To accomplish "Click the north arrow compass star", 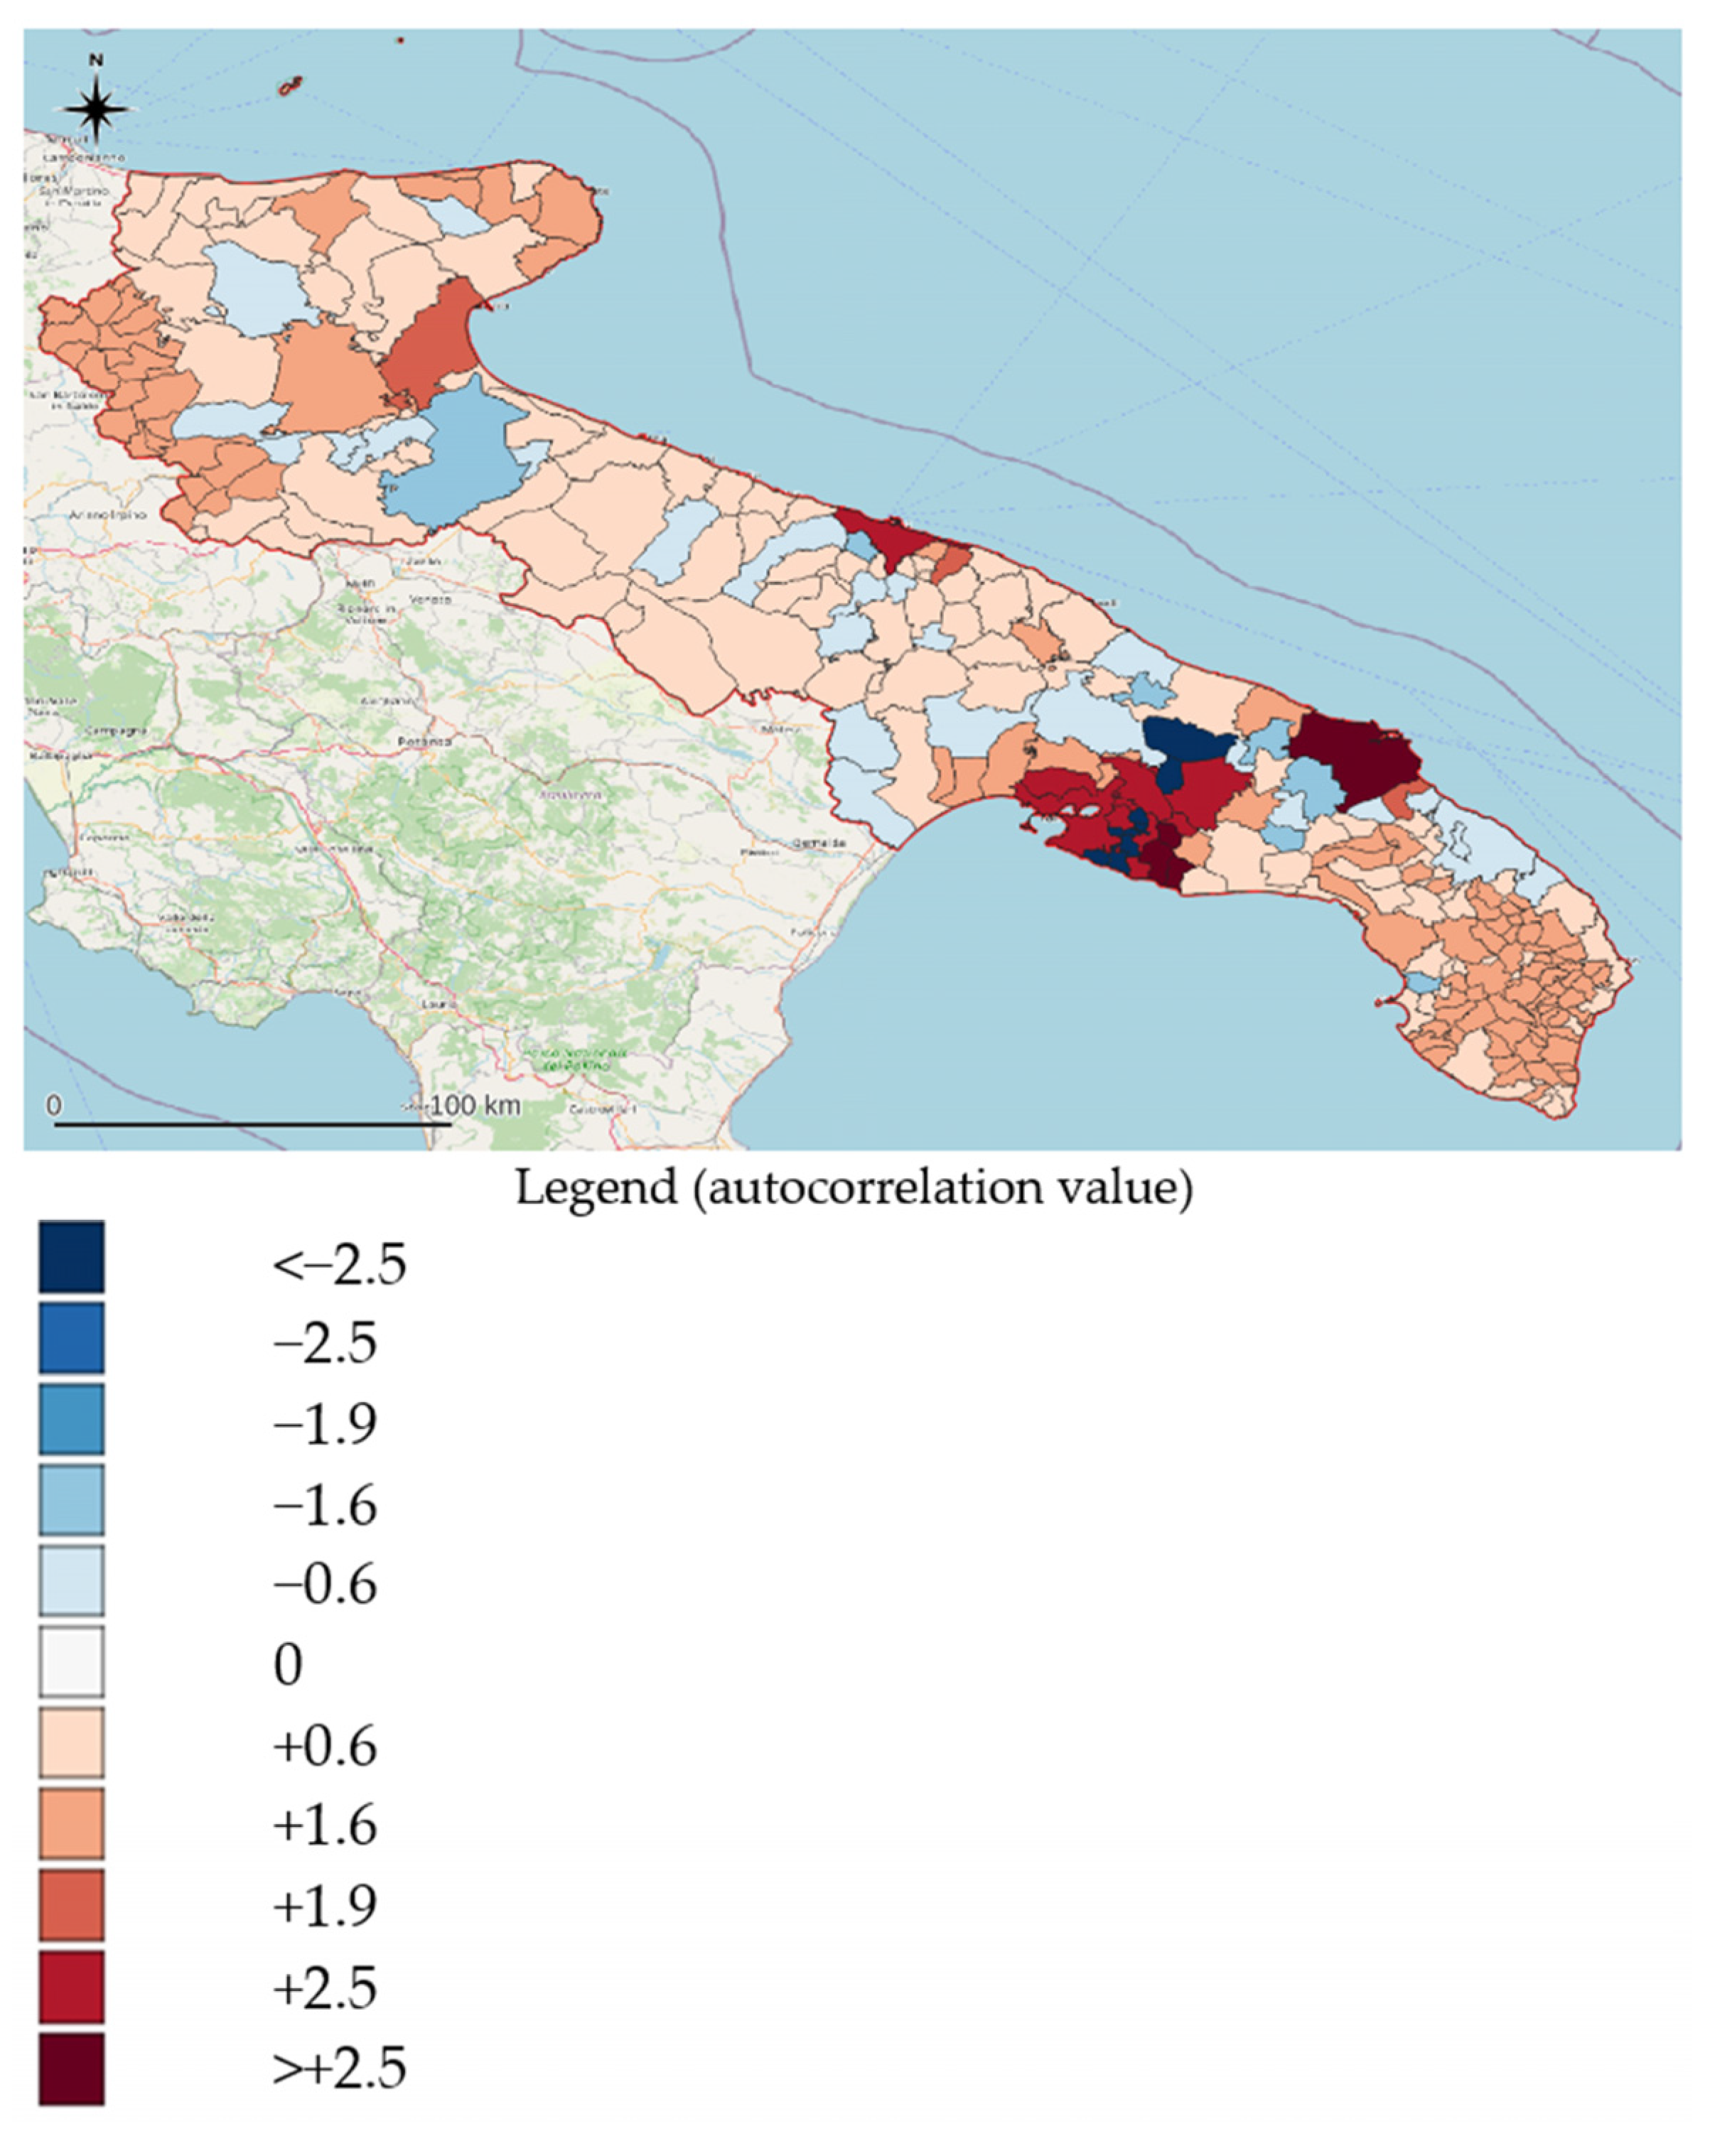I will click(x=96, y=107).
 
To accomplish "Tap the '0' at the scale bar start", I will click(x=53, y=1106).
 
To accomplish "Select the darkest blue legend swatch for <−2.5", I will click(x=71, y=1256).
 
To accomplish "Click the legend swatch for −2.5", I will click(x=71, y=1337).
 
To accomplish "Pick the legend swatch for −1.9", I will click(x=71, y=1419).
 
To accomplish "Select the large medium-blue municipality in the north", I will click(x=456, y=455).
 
